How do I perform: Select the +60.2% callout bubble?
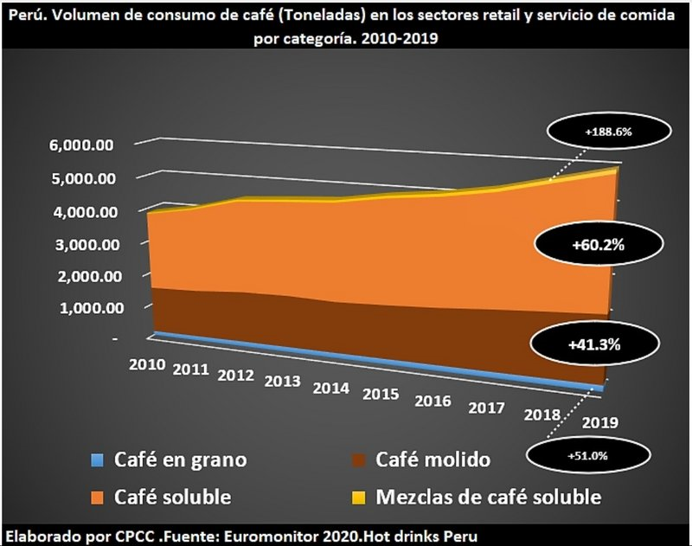(x=598, y=246)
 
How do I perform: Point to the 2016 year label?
(x=432, y=401)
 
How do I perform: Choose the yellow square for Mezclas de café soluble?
(x=362, y=497)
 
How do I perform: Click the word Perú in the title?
(x=26, y=12)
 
